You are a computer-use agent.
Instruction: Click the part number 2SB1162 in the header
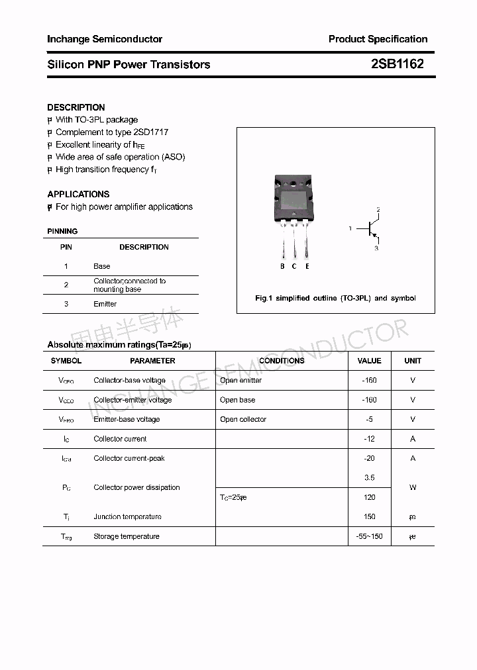click(397, 64)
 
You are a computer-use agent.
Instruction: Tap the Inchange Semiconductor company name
click(105, 39)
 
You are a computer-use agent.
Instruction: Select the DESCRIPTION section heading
click(76, 107)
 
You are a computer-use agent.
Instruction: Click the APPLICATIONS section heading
click(78, 194)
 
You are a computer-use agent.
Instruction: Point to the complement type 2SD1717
click(151, 132)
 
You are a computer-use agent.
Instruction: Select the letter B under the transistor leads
click(282, 266)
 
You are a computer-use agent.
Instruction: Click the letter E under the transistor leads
click(307, 266)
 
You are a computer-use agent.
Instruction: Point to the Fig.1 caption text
click(335, 298)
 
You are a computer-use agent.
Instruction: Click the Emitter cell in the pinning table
click(105, 304)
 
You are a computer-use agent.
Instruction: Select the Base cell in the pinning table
click(102, 266)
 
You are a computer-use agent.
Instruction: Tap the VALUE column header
click(369, 361)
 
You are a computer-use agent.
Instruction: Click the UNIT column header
click(413, 361)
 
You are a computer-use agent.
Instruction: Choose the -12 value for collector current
click(369, 439)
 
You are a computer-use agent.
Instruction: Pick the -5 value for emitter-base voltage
click(369, 419)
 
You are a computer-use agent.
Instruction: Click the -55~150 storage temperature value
click(369, 536)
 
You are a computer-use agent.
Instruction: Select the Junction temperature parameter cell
click(127, 516)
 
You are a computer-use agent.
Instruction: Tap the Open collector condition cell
click(243, 419)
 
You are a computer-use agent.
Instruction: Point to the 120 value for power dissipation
click(369, 497)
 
